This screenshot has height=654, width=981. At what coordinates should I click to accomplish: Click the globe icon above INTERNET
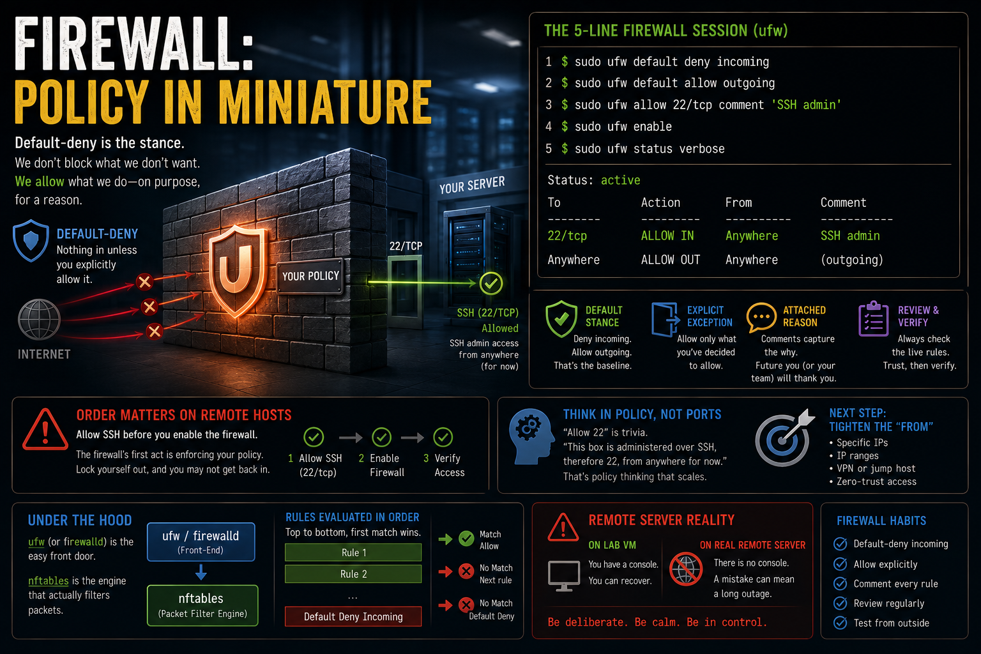(x=39, y=319)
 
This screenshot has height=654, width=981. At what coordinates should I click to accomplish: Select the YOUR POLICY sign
(x=310, y=276)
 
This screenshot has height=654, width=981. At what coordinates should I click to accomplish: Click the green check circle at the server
(x=491, y=284)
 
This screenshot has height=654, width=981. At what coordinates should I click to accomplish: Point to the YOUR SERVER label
(x=472, y=185)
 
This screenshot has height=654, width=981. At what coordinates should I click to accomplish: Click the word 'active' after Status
(x=620, y=180)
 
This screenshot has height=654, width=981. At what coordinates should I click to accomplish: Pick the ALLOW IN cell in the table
(x=667, y=236)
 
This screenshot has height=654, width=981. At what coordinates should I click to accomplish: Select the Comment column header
(x=843, y=202)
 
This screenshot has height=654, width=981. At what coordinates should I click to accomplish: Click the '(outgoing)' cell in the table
(x=852, y=260)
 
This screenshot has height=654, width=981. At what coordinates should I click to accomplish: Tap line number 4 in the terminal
(x=549, y=126)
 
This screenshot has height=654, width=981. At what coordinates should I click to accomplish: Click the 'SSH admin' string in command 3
(x=806, y=105)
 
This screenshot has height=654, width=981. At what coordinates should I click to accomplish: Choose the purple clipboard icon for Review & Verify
(x=873, y=319)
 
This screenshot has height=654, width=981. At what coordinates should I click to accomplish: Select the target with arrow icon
(x=784, y=438)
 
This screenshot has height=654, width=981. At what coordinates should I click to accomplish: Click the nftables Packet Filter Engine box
(x=202, y=605)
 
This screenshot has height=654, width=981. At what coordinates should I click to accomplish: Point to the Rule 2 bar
(x=353, y=574)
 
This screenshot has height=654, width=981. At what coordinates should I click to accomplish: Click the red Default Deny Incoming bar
(x=353, y=616)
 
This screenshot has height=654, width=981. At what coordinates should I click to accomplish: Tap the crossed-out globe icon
(x=686, y=569)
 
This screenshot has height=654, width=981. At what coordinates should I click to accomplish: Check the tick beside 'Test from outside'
(x=840, y=623)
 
